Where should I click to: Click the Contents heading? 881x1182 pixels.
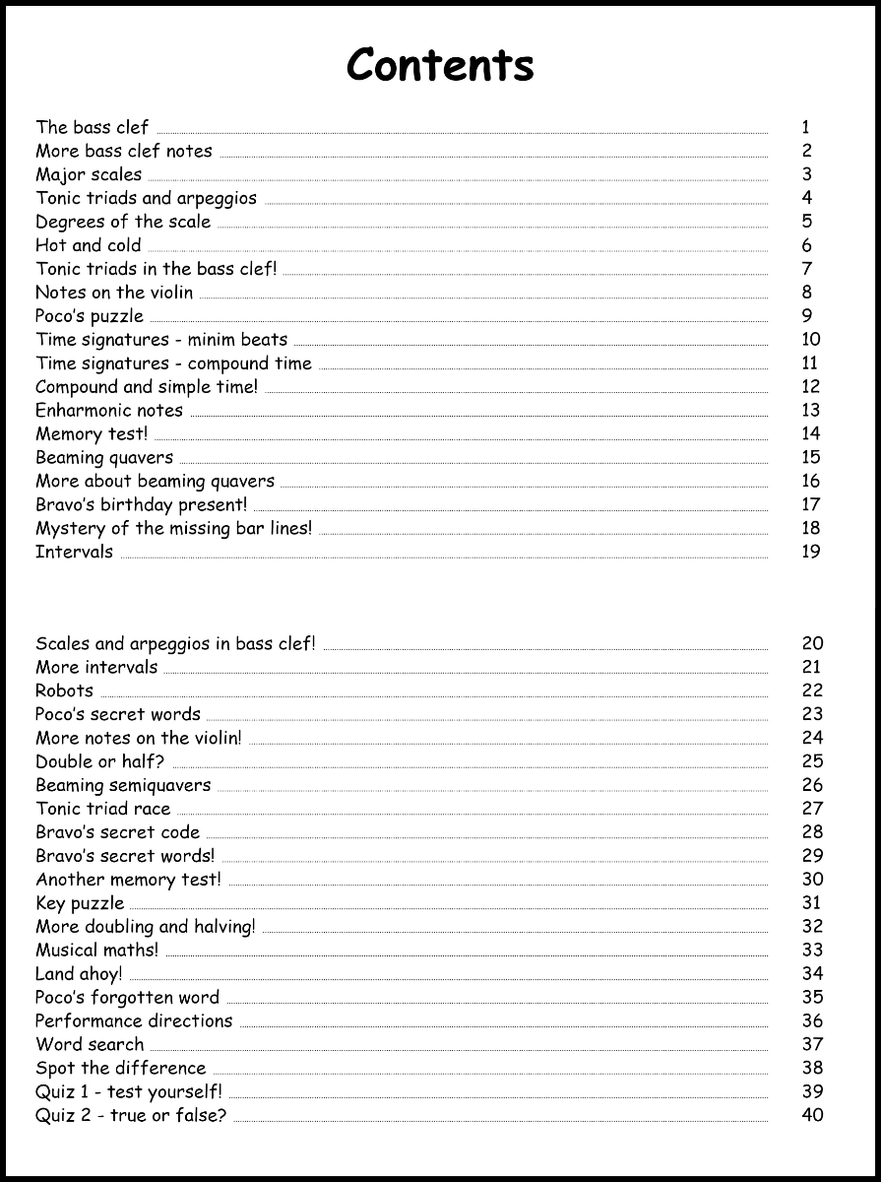click(x=440, y=65)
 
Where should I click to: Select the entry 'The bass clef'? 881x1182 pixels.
click(x=93, y=127)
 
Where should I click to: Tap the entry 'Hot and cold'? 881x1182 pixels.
click(x=89, y=245)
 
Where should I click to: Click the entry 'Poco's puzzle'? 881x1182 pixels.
click(x=90, y=316)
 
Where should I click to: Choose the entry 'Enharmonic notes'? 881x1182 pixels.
click(x=109, y=410)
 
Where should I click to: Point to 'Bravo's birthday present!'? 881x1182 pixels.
click(x=142, y=504)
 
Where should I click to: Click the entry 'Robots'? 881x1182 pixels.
click(x=65, y=690)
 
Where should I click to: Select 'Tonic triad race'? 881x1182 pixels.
click(x=103, y=809)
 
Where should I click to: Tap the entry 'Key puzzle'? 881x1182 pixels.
click(x=80, y=902)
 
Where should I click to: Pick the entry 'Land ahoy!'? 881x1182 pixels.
click(x=79, y=973)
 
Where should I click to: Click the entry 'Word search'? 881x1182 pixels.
click(x=90, y=1044)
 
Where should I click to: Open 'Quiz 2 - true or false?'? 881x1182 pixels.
click(x=131, y=1115)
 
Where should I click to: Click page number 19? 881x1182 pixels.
click(x=811, y=552)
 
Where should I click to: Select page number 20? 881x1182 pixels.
click(x=812, y=643)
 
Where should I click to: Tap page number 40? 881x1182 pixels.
click(x=812, y=1115)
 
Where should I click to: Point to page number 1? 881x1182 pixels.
click(x=806, y=127)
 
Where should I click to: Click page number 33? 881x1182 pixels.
click(x=812, y=950)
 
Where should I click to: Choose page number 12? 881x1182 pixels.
click(x=811, y=386)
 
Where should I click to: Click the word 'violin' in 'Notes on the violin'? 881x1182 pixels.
click(x=171, y=293)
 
